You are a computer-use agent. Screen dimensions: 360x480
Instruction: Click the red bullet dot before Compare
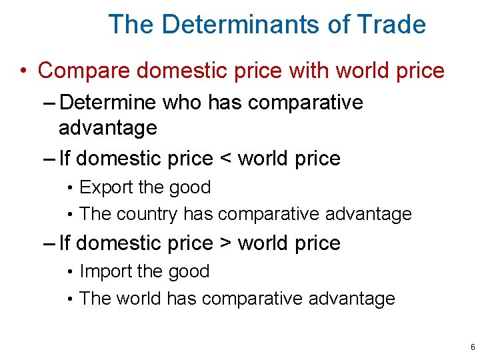pyautogui.click(x=23, y=70)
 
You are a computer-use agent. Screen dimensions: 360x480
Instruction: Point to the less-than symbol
pyautogui.click(x=225, y=159)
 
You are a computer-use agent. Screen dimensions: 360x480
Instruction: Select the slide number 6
pyautogui.click(x=472, y=347)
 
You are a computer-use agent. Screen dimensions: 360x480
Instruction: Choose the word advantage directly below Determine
pyautogui.click(x=107, y=127)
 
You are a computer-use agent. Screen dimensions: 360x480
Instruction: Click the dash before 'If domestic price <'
pyautogui.click(x=48, y=159)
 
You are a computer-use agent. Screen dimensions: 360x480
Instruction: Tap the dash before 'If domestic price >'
pyautogui.click(x=48, y=244)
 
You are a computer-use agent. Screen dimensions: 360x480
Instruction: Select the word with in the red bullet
pyautogui.click(x=309, y=70)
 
